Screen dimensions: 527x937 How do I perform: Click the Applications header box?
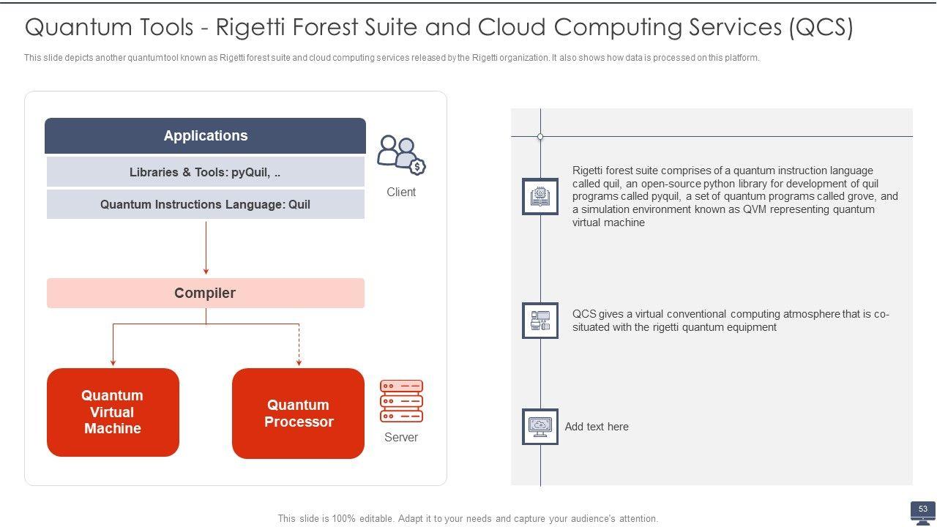click(205, 135)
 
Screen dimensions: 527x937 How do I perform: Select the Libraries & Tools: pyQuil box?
click(205, 172)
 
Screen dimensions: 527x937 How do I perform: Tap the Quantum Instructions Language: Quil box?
click(205, 204)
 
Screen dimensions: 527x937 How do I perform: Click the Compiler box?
click(205, 293)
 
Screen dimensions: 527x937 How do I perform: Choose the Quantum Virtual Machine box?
click(113, 412)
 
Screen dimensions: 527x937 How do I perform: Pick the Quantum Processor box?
click(298, 414)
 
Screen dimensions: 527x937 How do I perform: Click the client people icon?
click(400, 154)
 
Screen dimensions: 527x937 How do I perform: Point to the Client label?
click(401, 192)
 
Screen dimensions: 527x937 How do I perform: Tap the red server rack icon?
click(401, 401)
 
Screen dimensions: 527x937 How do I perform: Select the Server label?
click(401, 437)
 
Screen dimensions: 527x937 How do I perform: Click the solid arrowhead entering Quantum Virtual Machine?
click(113, 361)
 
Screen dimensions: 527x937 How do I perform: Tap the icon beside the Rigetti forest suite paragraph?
click(540, 196)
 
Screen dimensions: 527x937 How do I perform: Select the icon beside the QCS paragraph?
click(540, 321)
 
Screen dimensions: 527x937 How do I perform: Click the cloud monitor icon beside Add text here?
click(540, 427)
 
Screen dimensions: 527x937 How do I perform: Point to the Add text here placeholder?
click(597, 427)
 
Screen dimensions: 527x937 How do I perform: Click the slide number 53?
click(922, 509)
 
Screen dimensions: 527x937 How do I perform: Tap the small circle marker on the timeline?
click(540, 137)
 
